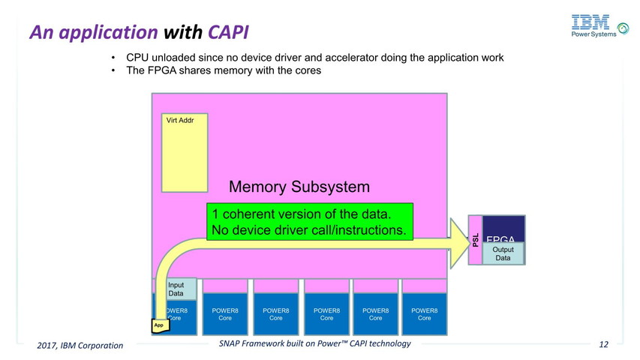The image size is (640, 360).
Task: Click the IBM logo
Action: coord(589,22)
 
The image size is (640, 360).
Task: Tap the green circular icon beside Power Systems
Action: coord(623,28)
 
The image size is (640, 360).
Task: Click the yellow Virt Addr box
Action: coord(185,152)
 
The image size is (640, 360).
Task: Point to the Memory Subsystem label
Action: coord(299,186)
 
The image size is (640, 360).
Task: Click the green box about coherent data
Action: coord(310,221)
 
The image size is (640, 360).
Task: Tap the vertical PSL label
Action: coord(475,239)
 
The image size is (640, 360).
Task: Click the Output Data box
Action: coord(503,253)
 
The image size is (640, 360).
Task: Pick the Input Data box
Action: coord(179,289)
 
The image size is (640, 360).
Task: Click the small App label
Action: coord(159,325)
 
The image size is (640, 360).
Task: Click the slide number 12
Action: coord(603,344)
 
